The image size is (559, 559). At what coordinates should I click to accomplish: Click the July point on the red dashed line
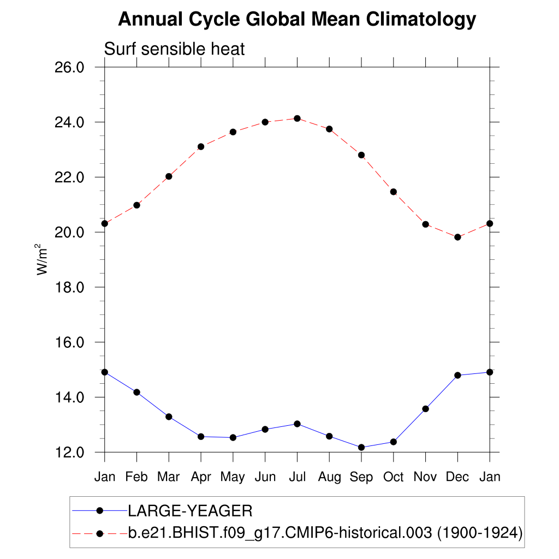tap(297, 118)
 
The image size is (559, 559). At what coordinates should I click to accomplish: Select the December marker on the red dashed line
tap(457, 237)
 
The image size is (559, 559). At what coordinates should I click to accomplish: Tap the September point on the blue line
tap(361, 447)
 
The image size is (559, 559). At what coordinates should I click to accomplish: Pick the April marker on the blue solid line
tap(201, 436)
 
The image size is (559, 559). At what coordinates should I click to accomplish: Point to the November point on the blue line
tap(425, 408)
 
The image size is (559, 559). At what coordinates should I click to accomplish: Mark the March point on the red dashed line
tap(169, 176)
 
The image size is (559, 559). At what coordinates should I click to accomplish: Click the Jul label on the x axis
tap(297, 477)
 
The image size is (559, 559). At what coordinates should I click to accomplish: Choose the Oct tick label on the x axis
tap(393, 477)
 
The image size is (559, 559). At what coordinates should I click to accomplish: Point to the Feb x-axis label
tap(136, 477)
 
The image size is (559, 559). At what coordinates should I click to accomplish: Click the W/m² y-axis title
tap(43, 259)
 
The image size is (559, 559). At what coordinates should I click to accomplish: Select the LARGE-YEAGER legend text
tap(190, 511)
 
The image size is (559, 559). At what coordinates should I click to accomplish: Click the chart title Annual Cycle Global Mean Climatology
tap(297, 20)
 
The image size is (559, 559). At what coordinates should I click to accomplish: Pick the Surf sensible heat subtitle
tap(175, 49)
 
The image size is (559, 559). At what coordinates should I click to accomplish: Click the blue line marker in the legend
tap(99, 510)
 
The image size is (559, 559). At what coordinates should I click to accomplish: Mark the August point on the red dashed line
tap(329, 129)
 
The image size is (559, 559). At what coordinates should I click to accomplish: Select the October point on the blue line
tap(393, 442)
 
